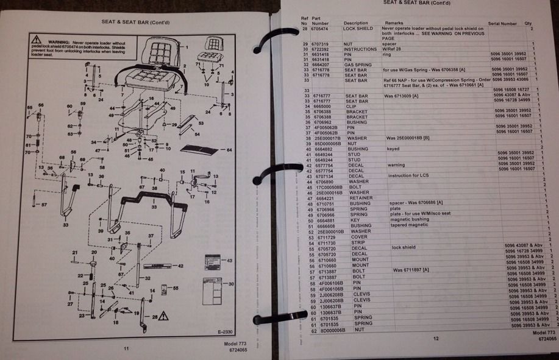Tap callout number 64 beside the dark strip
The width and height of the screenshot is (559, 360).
coord(230,149)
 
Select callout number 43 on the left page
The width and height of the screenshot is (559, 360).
coord(229,261)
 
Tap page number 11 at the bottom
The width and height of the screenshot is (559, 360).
coord(126,348)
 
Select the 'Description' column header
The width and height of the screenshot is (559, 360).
coord(356,23)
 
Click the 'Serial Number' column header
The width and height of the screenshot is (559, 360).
coord(502,24)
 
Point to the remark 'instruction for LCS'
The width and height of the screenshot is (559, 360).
coord(408,176)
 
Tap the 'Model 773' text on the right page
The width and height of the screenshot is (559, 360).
coord(539,333)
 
